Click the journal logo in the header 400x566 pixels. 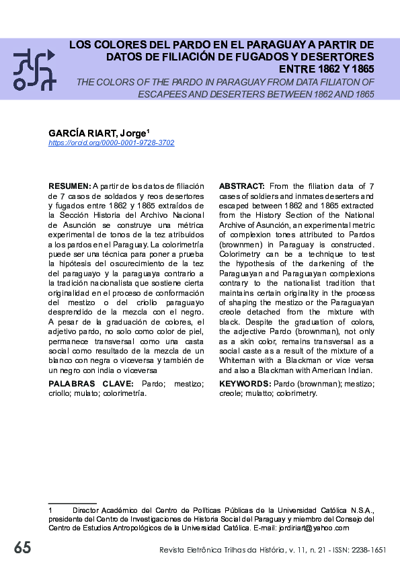coord(34,69)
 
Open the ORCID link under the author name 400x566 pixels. coord(112,143)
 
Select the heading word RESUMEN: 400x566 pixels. coord(70,186)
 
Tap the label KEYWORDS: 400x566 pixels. coord(245,383)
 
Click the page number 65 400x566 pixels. coord(22,548)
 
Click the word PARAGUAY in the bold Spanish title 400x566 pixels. coord(264,44)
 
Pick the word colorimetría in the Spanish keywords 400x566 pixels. coord(124,393)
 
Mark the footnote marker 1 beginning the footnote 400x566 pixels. coord(50,510)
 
